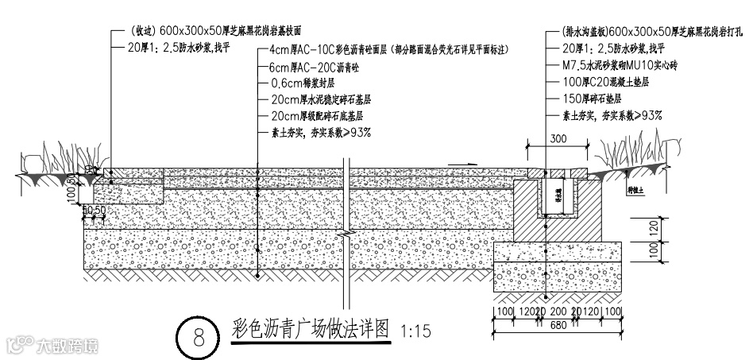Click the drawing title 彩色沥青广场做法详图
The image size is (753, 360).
click(312, 327)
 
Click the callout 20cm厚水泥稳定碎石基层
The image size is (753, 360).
click(321, 100)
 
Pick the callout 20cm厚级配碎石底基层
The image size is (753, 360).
click(321, 116)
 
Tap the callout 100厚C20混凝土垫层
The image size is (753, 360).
click(604, 82)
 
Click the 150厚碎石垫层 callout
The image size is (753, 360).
click(595, 99)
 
